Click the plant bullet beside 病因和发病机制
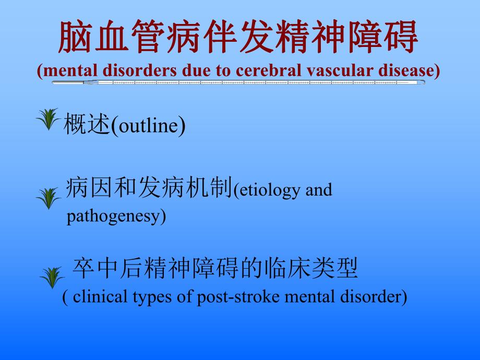[x=49, y=198]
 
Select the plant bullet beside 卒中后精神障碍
[x=52, y=278]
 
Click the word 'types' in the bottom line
[x=149, y=297]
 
